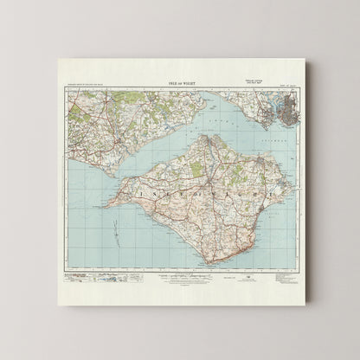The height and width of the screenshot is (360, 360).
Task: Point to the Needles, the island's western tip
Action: click(102, 207)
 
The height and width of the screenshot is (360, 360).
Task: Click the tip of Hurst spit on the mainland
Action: click(113, 173)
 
